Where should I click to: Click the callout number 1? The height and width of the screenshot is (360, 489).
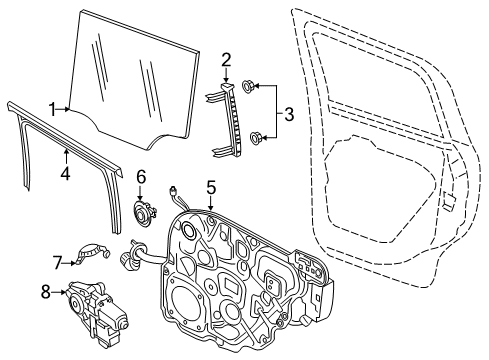pos(51,109)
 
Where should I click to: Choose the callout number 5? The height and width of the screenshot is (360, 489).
pos(211,185)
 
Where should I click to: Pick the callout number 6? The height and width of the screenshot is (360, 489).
pos(141,176)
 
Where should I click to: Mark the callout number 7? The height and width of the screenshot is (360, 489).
pos(57,262)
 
